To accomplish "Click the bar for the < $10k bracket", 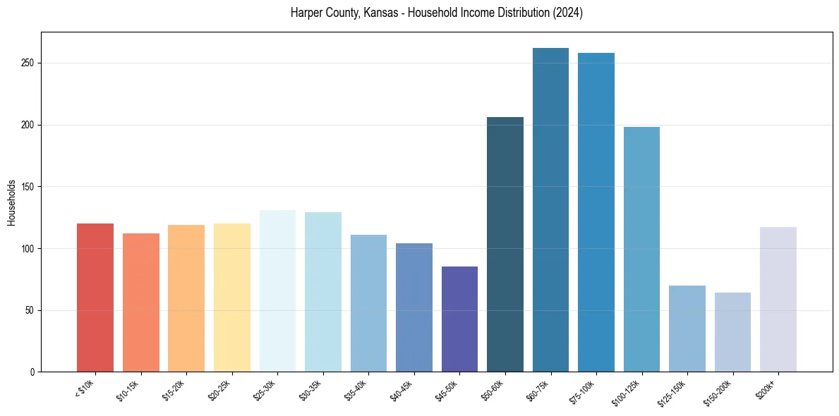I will [95, 298].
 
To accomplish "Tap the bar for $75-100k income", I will [596, 212].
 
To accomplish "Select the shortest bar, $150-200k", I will [732, 332].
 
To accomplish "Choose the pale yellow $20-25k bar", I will [232, 298].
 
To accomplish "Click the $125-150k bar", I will [687, 329].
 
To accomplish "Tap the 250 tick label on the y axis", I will [28, 63].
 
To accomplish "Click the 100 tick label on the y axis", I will [28, 249].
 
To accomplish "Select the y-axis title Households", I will [11, 202].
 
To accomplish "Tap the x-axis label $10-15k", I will [129, 389].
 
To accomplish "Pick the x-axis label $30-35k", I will [311, 389].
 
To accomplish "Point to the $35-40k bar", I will [368, 303].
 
